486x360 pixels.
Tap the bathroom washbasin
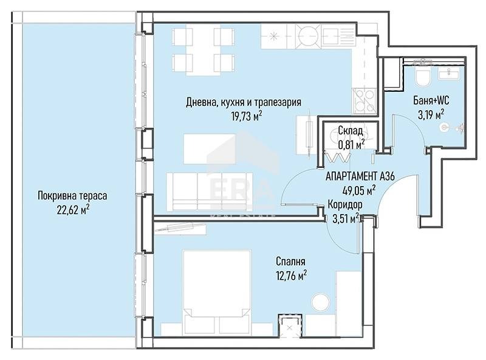coord(449,74)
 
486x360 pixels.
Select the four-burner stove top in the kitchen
coord(364,100)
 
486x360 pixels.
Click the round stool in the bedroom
coord(321,302)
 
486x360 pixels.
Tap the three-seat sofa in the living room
coord(209,192)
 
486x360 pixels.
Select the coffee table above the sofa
coord(210,149)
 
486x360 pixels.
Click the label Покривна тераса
coord(72,196)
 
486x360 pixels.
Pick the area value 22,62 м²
coord(73,210)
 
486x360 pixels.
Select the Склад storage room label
coord(351,131)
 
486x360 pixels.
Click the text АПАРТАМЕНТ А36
coord(360,176)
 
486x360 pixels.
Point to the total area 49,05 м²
coord(360,190)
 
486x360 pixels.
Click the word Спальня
coord(290,261)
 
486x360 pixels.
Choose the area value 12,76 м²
coord(292,275)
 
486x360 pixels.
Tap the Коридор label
coord(345,205)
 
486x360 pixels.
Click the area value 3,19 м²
coord(431,115)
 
